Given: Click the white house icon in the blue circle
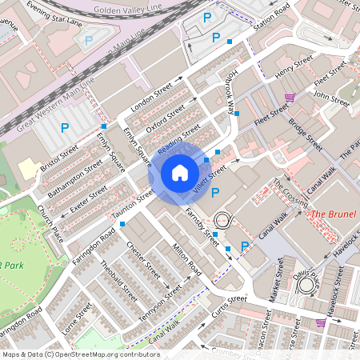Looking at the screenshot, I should [x=180, y=173].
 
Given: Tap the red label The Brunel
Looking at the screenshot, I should [x=331, y=214].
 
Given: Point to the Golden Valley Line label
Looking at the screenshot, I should [x=127, y=9].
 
